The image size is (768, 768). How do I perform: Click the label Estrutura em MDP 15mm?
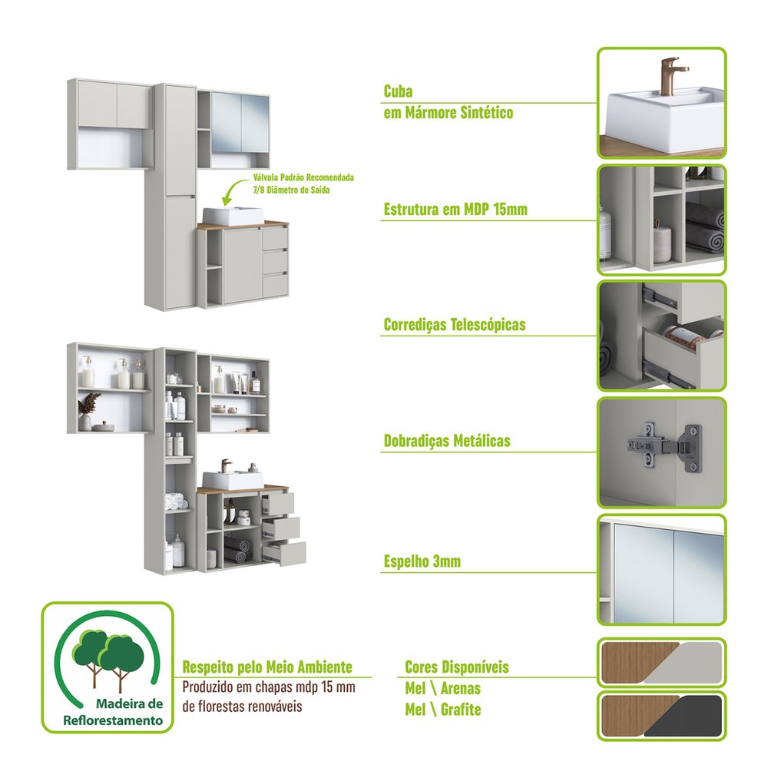pyautogui.click(x=455, y=210)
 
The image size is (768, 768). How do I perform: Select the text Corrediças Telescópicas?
pyautogui.click(x=455, y=325)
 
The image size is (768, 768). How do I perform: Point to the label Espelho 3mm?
pyautogui.click(x=422, y=561)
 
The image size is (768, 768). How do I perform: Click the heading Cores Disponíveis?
pyautogui.click(x=457, y=667)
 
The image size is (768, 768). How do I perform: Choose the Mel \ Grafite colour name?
pyautogui.click(x=443, y=709)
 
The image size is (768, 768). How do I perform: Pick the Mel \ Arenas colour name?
pyautogui.click(x=443, y=688)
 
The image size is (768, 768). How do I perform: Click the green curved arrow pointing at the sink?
pyautogui.click(x=234, y=191)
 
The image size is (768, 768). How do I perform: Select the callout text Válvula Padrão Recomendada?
pyautogui.click(x=303, y=177)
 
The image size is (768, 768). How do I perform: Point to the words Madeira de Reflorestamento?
pyautogui.click(x=113, y=712)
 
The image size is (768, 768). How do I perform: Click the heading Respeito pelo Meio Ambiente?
pyautogui.click(x=267, y=667)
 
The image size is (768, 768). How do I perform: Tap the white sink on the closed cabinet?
pyautogui.click(x=233, y=216)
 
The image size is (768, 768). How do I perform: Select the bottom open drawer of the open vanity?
pyautogui.click(x=285, y=554)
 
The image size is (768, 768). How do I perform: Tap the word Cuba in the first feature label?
pyautogui.click(x=398, y=91)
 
